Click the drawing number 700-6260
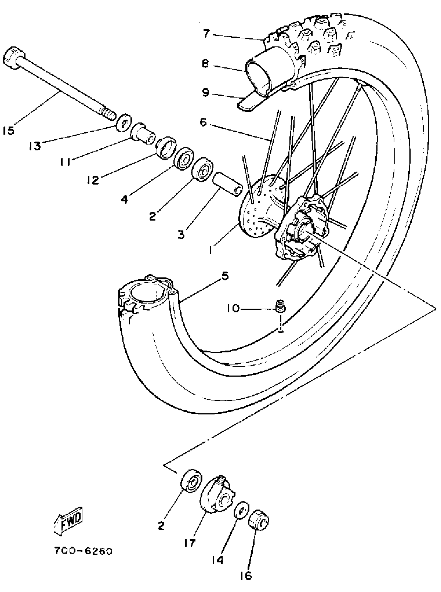coord(83,551)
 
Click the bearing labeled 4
coord(184,158)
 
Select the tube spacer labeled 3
coord(228,188)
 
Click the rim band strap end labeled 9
coord(248,103)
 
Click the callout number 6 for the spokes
coord(203,123)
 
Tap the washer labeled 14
coord(242,510)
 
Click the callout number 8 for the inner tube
coord(205,64)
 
